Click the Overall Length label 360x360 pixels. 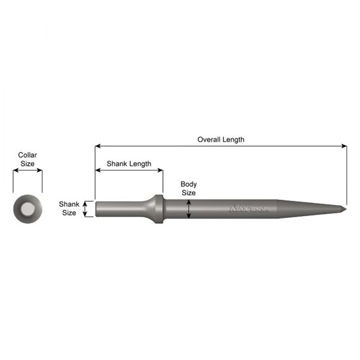(x=221, y=140)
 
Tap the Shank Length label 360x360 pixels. (x=128, y=163)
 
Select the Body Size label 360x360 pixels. (x=189, y=188)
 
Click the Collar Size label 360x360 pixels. (x=27, y=159)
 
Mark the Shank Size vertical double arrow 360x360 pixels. (x=87, y=208)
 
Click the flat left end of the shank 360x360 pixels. (x=96, y=208)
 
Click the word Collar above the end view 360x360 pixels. (x=27, y=155)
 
